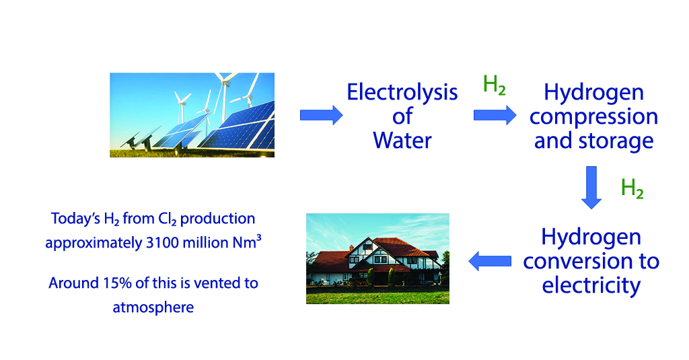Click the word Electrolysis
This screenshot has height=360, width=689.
[x=402, y=93]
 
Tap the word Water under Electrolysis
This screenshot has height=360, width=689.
[x=402, y=141]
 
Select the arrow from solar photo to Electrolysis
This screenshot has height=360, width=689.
[x=321, y=115]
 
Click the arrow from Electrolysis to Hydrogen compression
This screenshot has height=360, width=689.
[x=495, y=115]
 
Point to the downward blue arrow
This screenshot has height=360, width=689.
[x=591, y=187]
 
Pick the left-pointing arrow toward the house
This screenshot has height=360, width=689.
[x=490, y=261]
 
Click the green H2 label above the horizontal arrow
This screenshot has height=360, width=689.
[x=495, y=85]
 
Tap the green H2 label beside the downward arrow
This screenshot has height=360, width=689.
[x=632, y=188]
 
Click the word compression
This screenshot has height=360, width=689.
[x=593, y=117]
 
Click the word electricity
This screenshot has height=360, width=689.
[x=591, y=286]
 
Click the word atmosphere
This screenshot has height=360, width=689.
[x=153, y=308]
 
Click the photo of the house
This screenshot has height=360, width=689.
[x=377, y=258]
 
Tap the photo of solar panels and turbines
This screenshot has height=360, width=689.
[x=192, y=115]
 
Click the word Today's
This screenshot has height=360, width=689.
[x=75, y=219]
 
